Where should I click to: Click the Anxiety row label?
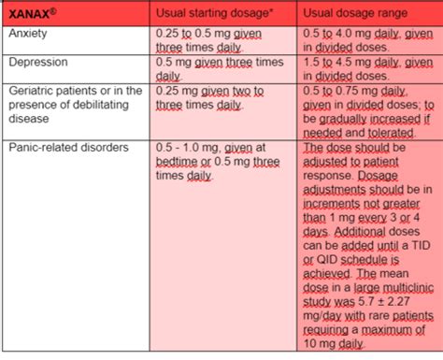[29, 34]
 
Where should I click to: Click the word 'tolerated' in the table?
[393, 132]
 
